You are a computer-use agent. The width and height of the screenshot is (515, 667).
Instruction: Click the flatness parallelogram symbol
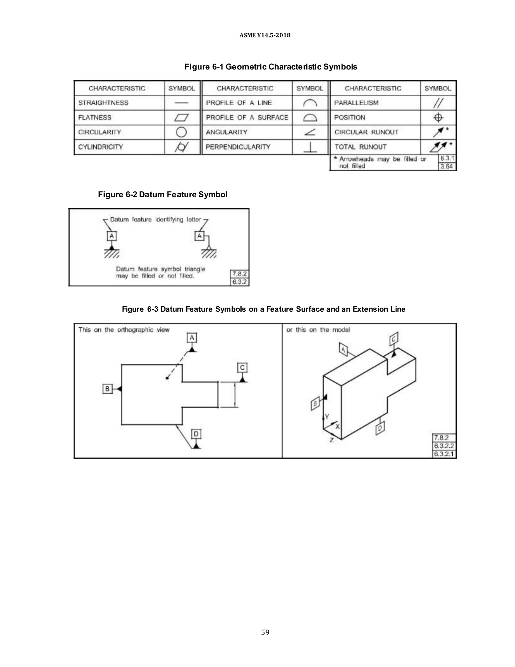tap(182, 118)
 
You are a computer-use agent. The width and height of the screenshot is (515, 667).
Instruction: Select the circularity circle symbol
tap(181, 132)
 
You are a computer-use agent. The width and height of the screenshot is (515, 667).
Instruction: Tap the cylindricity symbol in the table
tap(182, 147)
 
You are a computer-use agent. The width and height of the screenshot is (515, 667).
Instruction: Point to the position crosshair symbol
tap(438, 118)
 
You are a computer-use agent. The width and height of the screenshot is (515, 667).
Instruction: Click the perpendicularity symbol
tap(310, 147)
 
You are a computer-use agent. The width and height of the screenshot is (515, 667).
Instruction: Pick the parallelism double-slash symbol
tap(438, 103)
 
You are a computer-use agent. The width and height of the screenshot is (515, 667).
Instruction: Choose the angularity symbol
tap(310, 132)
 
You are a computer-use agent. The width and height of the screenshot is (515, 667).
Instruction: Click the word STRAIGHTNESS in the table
tap(103, 103)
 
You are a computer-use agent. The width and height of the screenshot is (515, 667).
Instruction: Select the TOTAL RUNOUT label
tap(360, 147)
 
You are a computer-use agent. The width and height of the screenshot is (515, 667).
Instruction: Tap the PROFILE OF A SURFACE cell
tap(247, 118)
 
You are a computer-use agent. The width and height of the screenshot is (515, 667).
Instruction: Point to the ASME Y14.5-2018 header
tap(265, 35)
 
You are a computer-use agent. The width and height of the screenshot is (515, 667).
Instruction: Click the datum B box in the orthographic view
tap(107, 389)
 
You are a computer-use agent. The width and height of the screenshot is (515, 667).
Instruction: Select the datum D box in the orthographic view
tap(196, 434)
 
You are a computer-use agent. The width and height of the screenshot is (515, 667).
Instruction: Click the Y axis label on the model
tap(327, 416)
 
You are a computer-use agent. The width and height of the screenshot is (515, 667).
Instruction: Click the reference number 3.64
tap(447, 166)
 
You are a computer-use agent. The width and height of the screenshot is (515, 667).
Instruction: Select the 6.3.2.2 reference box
tap(444, 446)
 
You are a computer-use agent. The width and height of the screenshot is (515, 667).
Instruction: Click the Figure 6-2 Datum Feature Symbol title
tap(163, 195)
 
